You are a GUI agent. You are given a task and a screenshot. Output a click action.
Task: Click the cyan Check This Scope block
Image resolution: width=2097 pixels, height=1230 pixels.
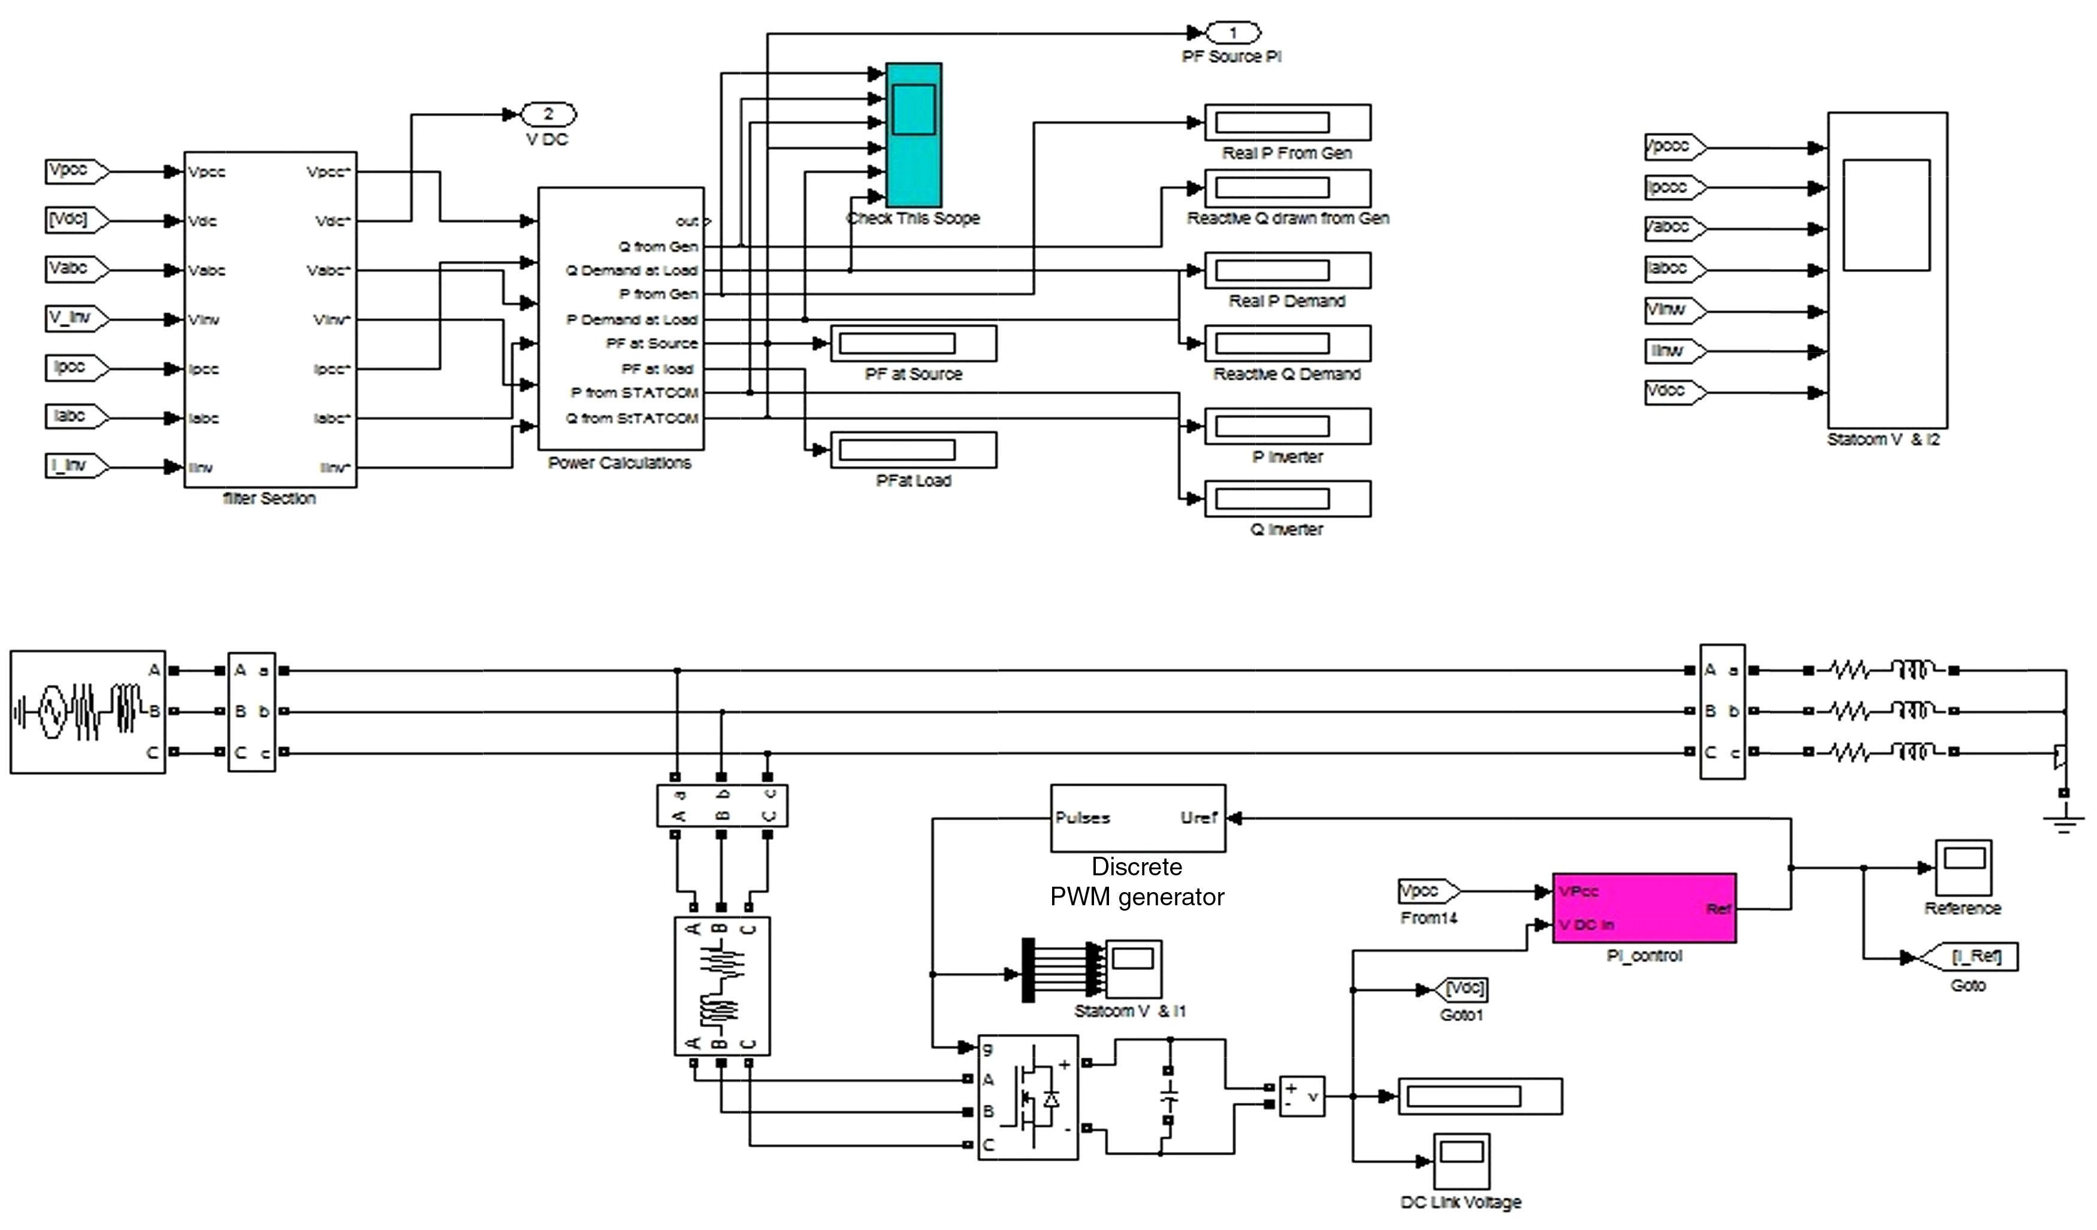913,135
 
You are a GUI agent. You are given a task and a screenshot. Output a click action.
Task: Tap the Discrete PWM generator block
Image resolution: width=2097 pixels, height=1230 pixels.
1138,818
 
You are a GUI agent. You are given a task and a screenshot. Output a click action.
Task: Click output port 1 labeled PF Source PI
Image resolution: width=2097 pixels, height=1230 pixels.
1233,34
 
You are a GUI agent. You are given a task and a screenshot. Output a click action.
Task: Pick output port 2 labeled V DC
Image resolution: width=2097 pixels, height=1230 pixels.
548,114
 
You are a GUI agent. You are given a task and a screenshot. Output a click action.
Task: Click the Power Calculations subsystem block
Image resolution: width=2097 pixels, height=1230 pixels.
621,318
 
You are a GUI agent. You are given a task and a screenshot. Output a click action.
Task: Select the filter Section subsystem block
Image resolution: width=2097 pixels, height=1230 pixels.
270,319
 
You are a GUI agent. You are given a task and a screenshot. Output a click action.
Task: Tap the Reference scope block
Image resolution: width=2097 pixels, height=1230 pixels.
1962,867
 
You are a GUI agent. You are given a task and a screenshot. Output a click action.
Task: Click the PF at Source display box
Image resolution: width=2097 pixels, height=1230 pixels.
913,344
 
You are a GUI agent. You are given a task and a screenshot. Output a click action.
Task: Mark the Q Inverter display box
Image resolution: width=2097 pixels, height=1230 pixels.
1288,498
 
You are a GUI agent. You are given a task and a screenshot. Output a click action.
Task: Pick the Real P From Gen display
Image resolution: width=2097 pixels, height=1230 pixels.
1288,122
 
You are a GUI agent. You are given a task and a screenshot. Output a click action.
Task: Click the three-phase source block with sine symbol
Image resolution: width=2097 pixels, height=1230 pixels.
87,712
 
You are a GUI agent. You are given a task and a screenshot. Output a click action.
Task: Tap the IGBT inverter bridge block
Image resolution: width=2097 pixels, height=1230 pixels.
1028,1098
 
